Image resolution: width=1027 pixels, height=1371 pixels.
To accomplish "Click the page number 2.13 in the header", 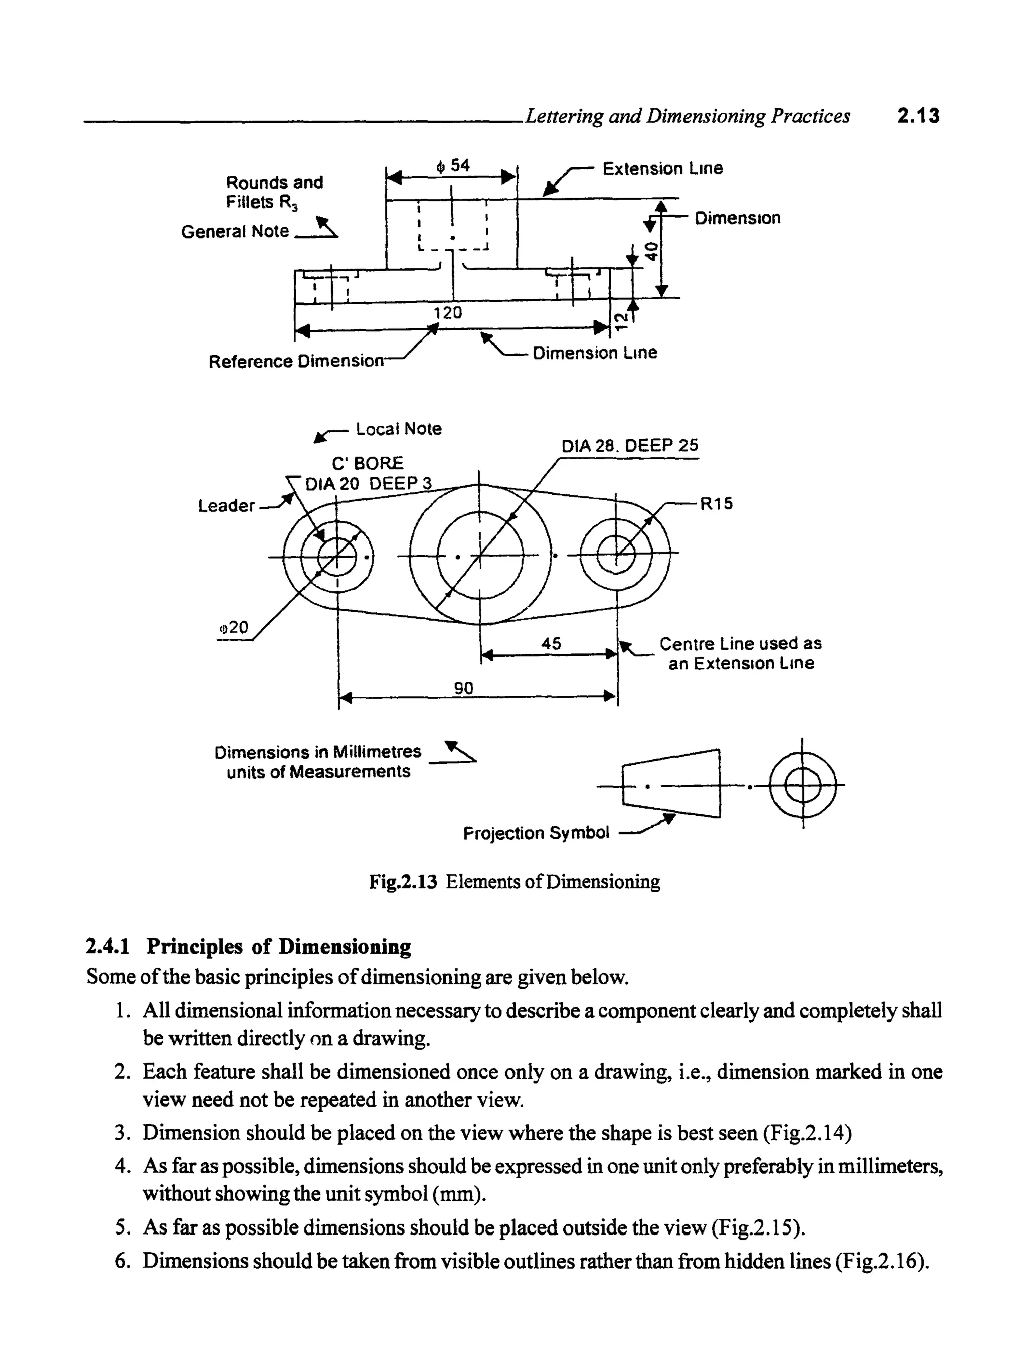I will pos(918,116).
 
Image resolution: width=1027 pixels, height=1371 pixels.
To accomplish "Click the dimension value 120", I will pos(447,312).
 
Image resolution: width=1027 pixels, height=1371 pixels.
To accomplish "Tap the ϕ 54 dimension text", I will pos(453,166).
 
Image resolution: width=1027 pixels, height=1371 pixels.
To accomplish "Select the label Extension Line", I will pos(662,169).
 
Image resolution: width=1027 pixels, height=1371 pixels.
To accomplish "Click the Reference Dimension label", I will pos(296,361).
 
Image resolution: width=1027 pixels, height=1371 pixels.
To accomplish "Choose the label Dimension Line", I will pos(595,353).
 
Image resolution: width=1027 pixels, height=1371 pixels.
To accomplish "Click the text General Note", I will pos(235,232).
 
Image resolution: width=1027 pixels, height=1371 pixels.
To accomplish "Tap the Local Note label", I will pos(398,429).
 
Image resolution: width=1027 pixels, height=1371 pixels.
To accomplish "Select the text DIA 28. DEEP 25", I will pos(629,446).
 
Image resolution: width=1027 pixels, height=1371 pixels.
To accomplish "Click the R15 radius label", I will pos(716,504).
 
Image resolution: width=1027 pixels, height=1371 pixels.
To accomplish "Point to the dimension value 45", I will pos(551,644).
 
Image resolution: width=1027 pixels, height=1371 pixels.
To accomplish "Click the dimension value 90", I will pos(463,688).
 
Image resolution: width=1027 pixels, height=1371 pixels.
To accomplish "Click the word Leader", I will pos(226,506).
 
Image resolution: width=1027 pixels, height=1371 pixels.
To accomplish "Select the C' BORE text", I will pos(367,464).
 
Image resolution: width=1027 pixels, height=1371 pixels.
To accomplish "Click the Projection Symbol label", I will pos(537,833).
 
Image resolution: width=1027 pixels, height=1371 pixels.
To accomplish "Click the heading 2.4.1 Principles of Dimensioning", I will pos(248,947).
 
